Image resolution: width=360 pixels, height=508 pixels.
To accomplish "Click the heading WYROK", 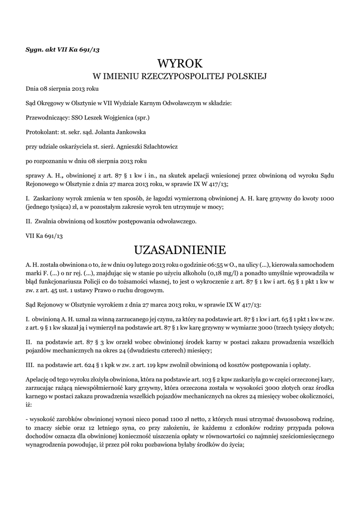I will click(x=180, y=63).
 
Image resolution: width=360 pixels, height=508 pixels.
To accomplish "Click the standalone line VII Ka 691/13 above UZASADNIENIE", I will click(x=44, y=236).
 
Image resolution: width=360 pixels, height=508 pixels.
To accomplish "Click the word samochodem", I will click(x=316, y=264).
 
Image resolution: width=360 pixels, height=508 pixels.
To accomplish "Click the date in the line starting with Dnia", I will click(x=63, y=89).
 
